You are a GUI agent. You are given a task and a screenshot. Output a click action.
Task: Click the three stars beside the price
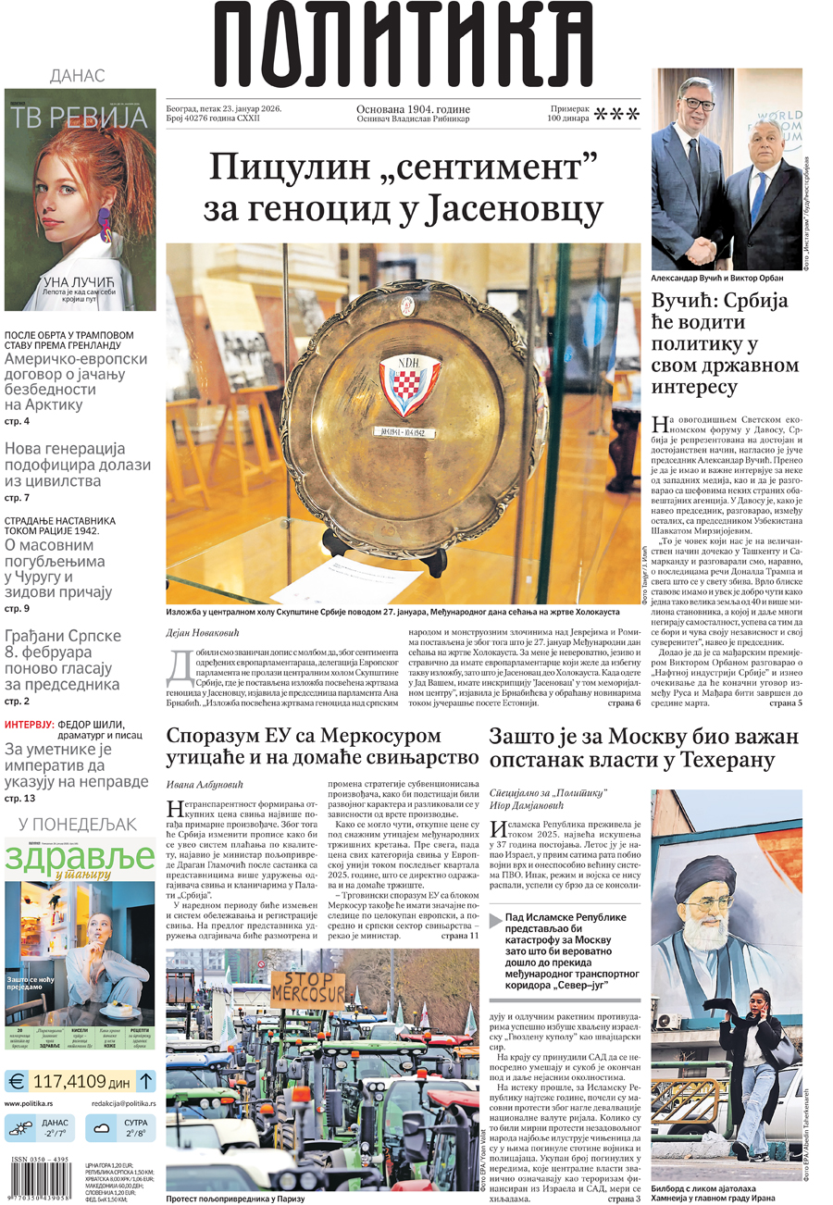(616, 115)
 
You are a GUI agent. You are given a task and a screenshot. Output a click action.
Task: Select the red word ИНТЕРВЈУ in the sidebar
(28, 724)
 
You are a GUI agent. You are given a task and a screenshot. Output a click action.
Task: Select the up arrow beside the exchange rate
(146, 1080)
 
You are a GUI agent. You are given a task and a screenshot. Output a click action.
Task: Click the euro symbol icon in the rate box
(16, 1081)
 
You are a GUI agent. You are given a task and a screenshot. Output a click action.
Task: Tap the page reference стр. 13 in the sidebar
(19, 798)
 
